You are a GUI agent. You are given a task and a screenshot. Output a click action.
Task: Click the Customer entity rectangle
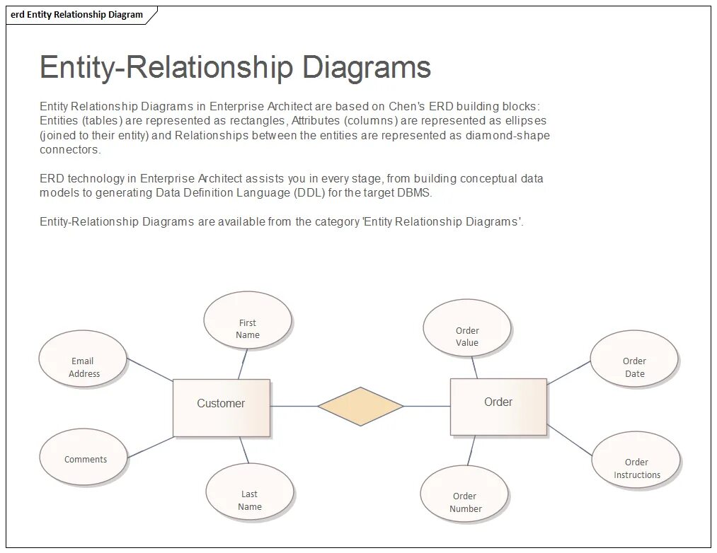[x=221, y=407]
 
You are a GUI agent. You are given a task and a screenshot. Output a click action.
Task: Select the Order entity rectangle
[x=498, y=406]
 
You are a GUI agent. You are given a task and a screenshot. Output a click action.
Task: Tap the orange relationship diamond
[x=360, y=407]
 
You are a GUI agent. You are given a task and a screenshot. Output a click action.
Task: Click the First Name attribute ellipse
[x=247, y=320]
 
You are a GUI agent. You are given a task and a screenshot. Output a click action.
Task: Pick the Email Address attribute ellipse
[x=83, y=359]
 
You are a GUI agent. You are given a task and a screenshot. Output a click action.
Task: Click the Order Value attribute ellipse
[x=466, y=327]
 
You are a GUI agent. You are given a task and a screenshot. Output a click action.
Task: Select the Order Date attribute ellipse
[x=633, y=359]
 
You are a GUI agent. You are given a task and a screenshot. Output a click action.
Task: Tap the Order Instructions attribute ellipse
[x=636, y=460]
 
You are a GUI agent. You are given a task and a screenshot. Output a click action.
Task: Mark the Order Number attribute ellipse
[x=464, y=494]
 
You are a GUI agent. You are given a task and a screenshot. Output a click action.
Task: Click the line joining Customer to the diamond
[x=294, y=407]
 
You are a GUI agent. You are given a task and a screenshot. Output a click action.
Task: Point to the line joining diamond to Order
[x=427, y=407]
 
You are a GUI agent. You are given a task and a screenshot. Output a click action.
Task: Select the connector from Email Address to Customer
[x=150, y=370]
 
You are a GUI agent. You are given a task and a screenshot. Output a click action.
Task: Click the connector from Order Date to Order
[x=568, y=373]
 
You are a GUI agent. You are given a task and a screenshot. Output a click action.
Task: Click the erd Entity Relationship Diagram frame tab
[x=77, y=15]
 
